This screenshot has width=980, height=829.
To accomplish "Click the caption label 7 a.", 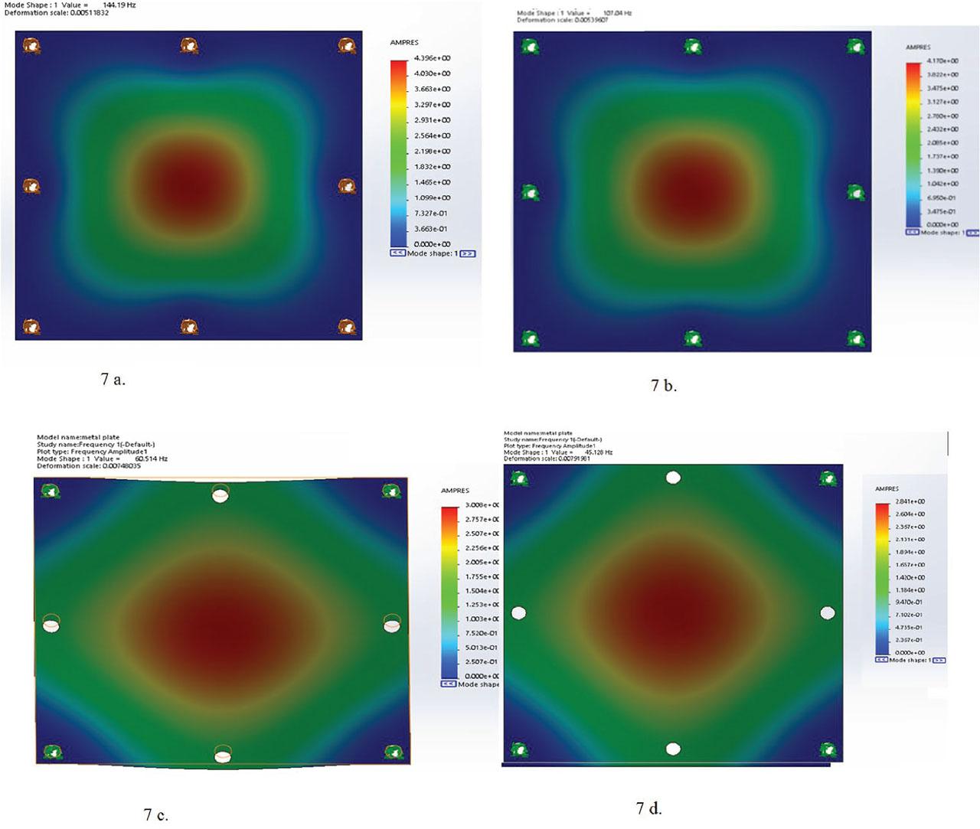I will tap(113, 379).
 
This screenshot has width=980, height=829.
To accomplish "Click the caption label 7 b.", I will tap(664, 386).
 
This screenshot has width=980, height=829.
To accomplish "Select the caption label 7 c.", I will tap(155, 814).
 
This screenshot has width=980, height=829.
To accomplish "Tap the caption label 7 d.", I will tap(648, 808).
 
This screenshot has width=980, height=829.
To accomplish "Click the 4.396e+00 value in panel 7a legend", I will tap(432, 58).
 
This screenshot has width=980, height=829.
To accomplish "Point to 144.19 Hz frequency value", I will tap(119, 5).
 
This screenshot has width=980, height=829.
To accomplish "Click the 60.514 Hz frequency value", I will tap(151, 459).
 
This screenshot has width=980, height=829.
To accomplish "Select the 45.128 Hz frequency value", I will tap(598, 452).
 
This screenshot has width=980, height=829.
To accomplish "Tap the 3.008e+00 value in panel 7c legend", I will tap(482, 505).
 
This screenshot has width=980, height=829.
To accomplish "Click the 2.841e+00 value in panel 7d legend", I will tap(910, 501).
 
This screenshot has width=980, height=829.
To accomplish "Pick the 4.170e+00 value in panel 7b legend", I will tap(942, 60).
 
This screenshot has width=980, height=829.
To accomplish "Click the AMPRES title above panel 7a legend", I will tap(404, 42).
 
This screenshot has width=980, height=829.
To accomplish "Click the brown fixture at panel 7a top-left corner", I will tap(31, 46).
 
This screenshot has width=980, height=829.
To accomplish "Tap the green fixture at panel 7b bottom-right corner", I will tap(856, 338).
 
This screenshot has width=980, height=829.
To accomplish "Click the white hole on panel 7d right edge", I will tap(827, 613).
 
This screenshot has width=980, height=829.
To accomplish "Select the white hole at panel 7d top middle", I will tap(673, 478).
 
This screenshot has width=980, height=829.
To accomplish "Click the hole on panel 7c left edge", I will tap(51, 624).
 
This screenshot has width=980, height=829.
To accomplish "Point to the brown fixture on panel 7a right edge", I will tap(347, 186).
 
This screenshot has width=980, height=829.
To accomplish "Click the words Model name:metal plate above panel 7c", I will tap(78, 437).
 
